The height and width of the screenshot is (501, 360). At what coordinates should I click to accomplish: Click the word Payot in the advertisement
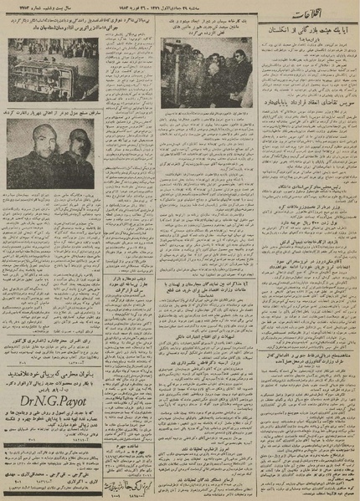tap(85, 410)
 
